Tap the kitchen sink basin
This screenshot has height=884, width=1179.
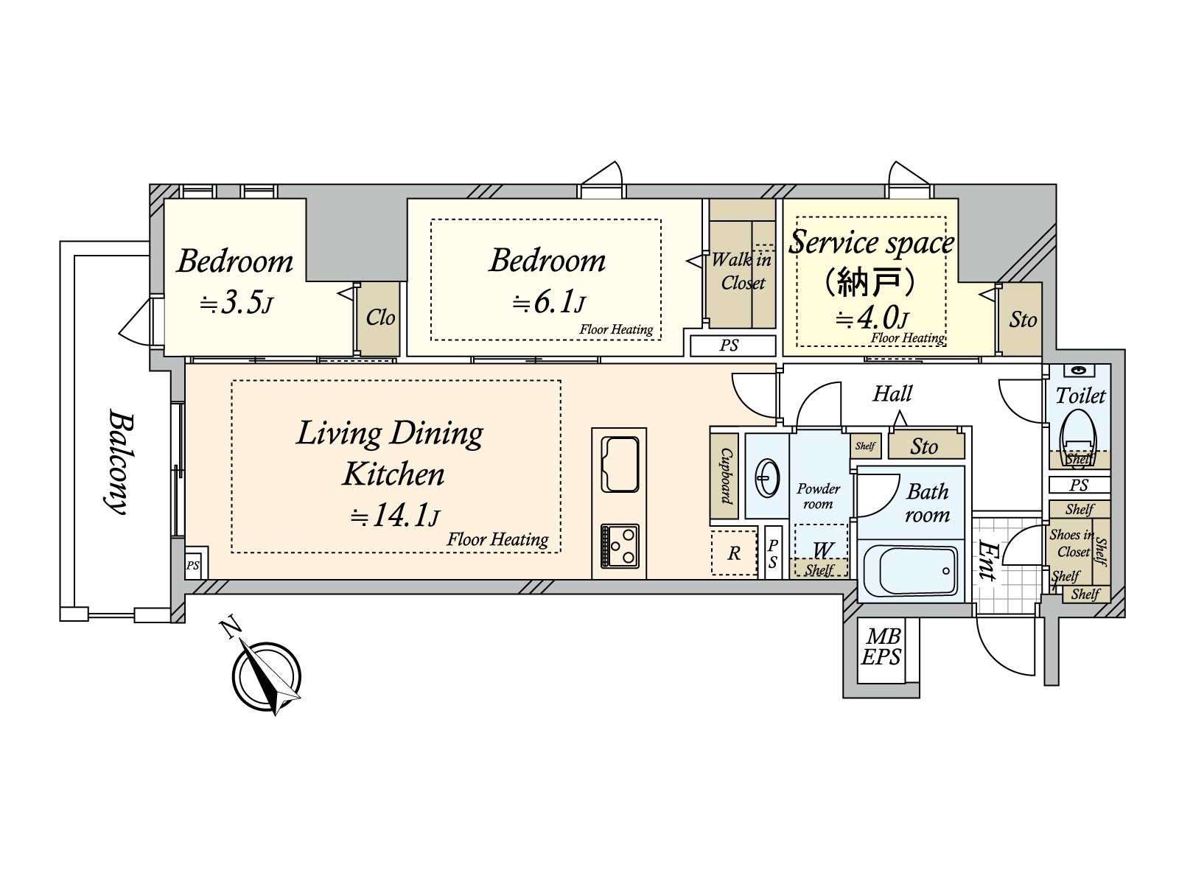click(619, 464)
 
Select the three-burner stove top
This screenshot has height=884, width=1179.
click(619, 546)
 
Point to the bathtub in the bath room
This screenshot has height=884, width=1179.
click(910, 570)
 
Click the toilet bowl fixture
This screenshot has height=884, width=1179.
click(1079, 435)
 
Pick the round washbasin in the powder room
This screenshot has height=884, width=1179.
click(767, 477)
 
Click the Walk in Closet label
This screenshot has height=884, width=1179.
click(742, 272)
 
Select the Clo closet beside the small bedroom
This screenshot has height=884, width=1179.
click(379, 318)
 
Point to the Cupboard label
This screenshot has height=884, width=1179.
click(726, 477)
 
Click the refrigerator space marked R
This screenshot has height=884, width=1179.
click(734, 552)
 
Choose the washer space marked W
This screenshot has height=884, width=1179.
click(821, 550)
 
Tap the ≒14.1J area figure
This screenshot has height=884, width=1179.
click(395, 516)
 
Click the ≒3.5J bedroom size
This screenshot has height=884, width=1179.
click(237, 304)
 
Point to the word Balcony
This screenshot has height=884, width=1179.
click(116, 462)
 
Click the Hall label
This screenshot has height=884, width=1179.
click(892, 393)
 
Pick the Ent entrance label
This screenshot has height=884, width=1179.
click(987, 560)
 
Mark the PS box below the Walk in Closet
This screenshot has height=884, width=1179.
click(732, 345)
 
